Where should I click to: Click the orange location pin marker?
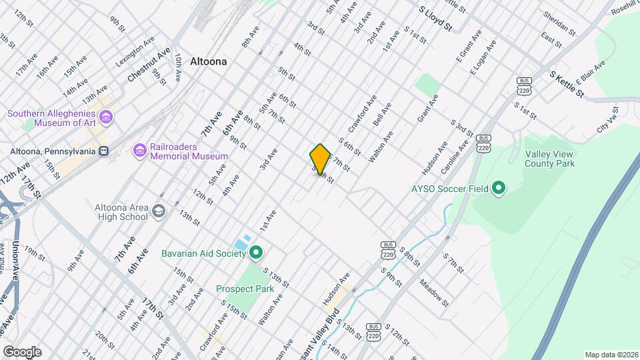[x=320, y=159]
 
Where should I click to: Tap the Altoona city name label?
[x=208, y=61]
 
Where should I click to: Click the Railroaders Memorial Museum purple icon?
[x=139, y=151]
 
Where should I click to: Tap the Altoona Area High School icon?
[x=159, y=211]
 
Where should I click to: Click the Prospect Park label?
[x=245, y=289]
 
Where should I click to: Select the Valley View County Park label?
[x=549, y=159]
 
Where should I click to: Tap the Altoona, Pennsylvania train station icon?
[x=103, y=151]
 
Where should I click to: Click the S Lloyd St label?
[x=435, y=19]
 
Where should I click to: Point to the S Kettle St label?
[x=566, y=86]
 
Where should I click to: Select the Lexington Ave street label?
[x=139, y=50]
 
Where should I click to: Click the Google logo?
[x=22, y=351]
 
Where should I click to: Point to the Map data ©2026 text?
[x=611, y=355]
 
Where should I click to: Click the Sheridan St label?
[x=559, y=22]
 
